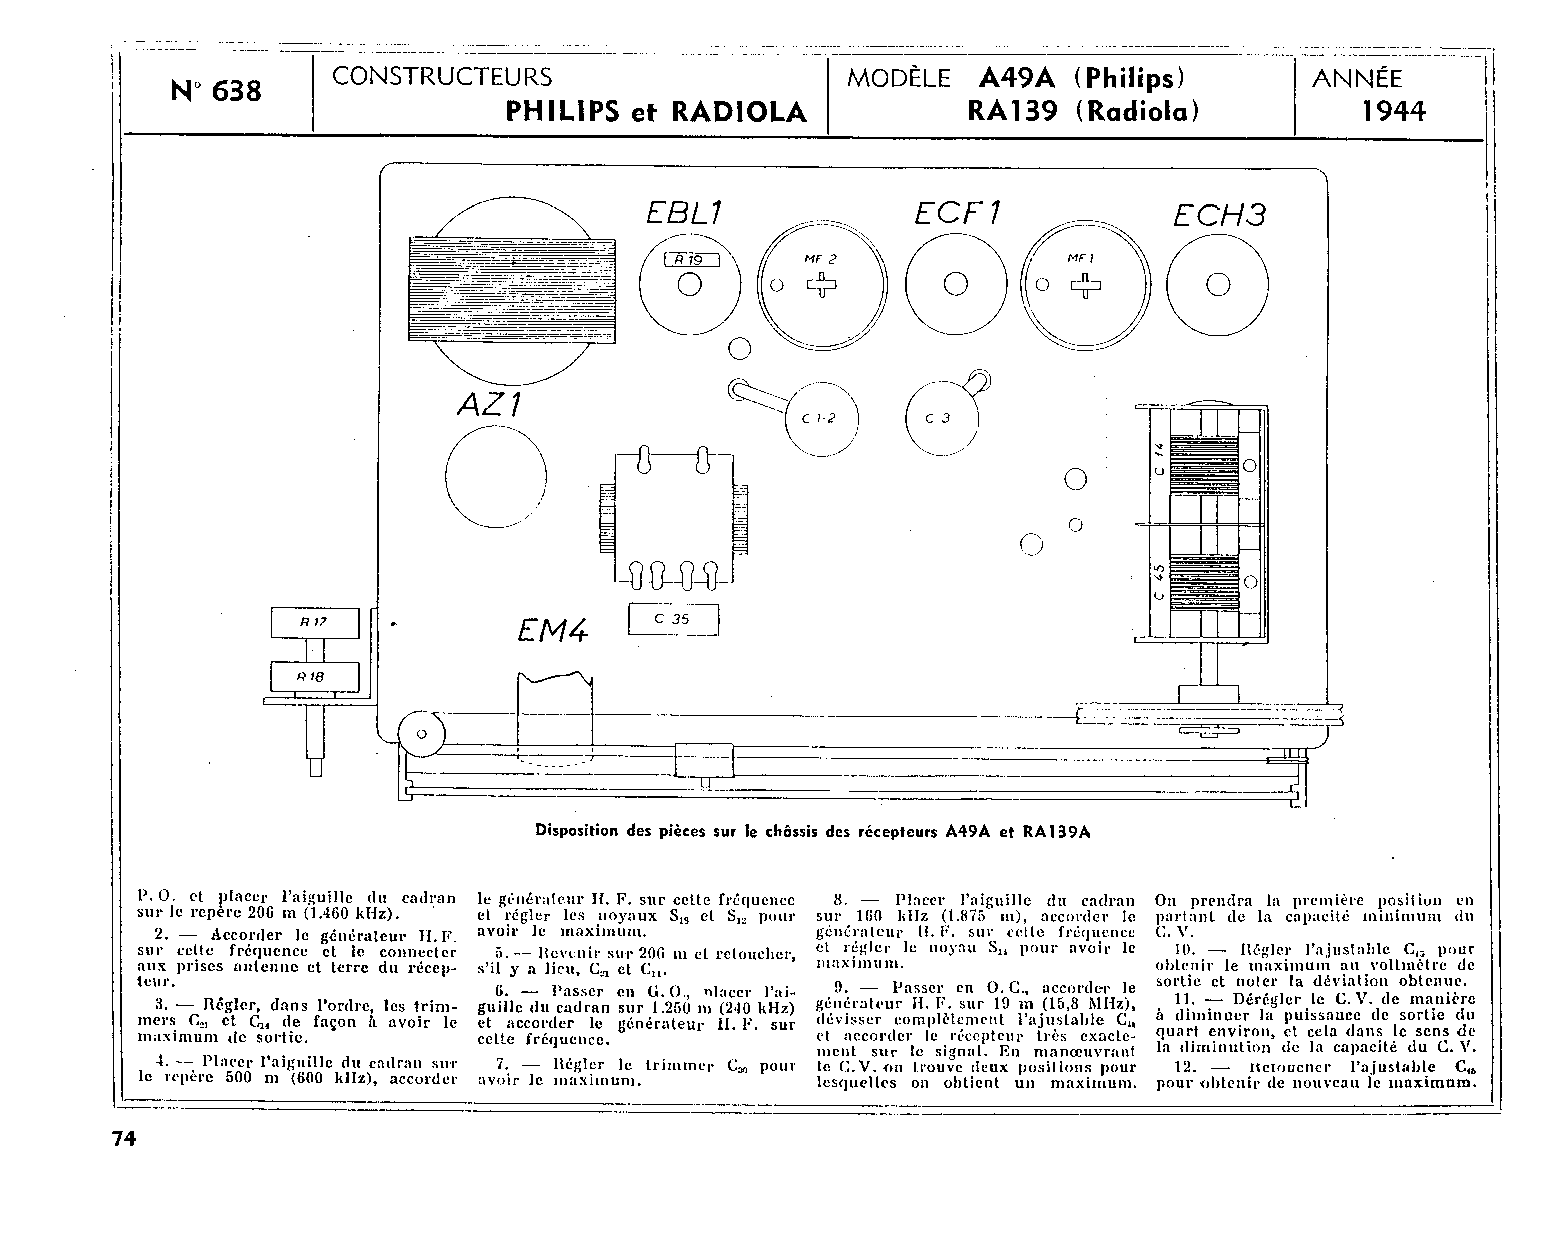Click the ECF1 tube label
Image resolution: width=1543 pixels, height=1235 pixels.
pos(957,213)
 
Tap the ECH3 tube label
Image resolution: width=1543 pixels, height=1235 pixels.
pos(1219,215)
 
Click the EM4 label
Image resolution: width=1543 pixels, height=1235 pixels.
pos(552,630)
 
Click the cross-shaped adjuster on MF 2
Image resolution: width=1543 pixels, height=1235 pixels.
pos(821,286)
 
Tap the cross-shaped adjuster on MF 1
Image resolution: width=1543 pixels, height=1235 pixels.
pos(1085,286)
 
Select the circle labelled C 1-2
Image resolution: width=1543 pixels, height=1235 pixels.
pos(821,419)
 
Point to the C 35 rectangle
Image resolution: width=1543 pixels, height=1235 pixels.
pos(673,620)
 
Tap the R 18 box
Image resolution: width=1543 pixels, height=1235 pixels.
pos(314,677)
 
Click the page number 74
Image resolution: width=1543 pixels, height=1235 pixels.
pos(124,1138)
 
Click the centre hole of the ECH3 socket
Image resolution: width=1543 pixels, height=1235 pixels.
pos(1217,285)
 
